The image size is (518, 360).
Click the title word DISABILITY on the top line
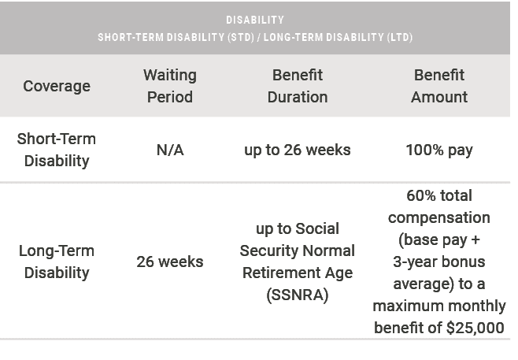pyautogui.click(x=254, y=20)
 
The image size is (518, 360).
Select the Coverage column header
pyautogui.click(x=57, y=86)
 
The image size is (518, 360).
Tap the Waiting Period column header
pyautogui.click(x=169, y=86)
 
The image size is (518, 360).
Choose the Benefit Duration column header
pyautogui.click(x=298, y=86)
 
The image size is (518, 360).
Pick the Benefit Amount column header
pyautogui.click(x=439, y=86)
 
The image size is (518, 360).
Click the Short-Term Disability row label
pyautogui.click(x=57, y=150)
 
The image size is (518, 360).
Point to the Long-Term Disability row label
pyautogui.click(x=57, y=262)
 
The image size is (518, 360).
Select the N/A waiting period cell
pyautogui.click(x=169, y=150)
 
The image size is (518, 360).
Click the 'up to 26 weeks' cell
pyautogui.click(x=298, y=150)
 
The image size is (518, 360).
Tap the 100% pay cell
pyautogui.click(x=439, y=150)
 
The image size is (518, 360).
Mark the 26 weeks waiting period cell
pyautogui.click(x=169, y=262)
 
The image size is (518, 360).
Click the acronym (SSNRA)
pyautogui.click(x=298, y=295)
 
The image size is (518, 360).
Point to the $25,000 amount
pyautogui.click(x=475, y=328)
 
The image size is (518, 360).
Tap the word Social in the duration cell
pyautogui.click(x=317, y=228)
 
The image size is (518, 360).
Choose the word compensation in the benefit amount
pyautogui.click(x=439, y=217)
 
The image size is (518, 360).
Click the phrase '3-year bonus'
pyautogui.click(x=439, y=261)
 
